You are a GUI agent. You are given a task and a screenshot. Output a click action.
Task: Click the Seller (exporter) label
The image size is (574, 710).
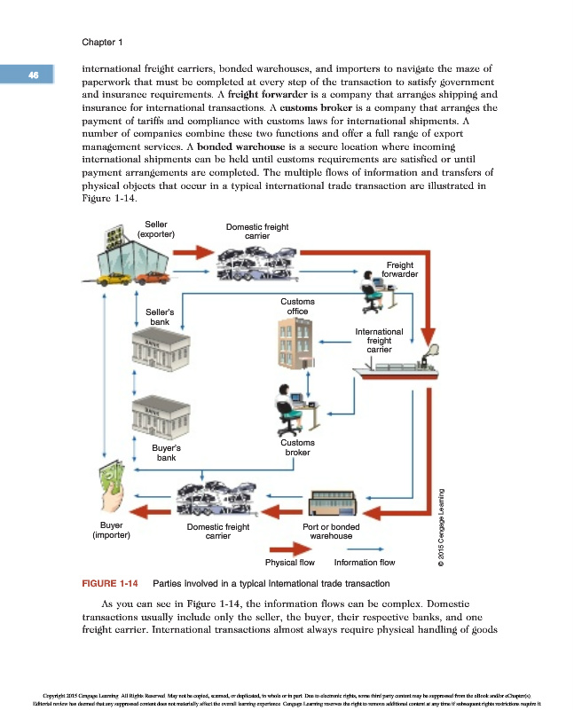[x=156, y=229]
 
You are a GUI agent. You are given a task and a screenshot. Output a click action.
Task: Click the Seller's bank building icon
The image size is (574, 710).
[x=161, y=351]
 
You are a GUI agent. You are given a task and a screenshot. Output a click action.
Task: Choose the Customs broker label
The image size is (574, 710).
[x=296, y=447]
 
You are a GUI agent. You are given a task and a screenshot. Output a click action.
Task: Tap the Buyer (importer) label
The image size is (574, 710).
[x=112, y=531]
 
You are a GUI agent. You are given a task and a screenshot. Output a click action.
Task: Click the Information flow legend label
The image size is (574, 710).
[x=365, y=562]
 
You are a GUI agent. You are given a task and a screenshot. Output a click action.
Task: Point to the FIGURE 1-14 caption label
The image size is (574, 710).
[x=107, y=583]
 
